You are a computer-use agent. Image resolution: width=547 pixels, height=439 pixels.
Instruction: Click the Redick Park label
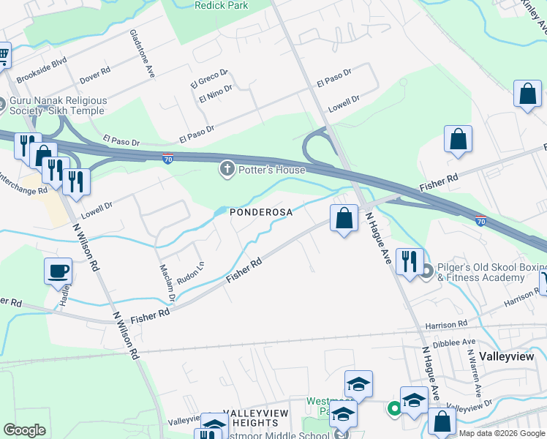pos(221,6)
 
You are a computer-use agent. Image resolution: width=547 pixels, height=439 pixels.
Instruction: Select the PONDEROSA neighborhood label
pos(261,212)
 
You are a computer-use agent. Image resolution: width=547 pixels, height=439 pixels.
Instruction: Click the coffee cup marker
pos(59,271)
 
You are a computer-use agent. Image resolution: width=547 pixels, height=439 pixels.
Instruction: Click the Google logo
pos(24,430)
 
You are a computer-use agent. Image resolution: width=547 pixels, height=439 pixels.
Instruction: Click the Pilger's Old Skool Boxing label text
pos(481,272)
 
